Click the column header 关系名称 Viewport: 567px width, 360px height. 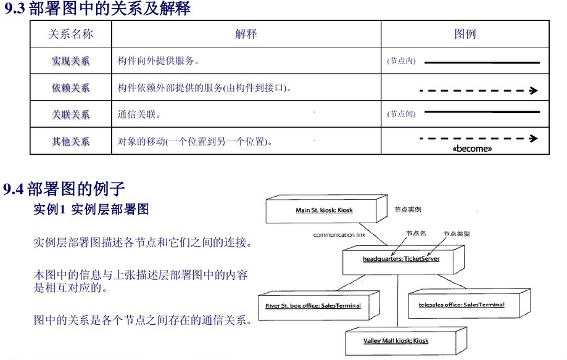click(70, 35)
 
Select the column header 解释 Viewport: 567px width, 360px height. click(246, 35)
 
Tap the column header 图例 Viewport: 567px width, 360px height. click(465, 35)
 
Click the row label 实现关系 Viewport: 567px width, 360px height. click(70, 62)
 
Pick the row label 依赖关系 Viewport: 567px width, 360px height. click(70, 88)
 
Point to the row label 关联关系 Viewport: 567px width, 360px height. click(70, 115)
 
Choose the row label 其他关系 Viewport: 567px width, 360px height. click(70, 142)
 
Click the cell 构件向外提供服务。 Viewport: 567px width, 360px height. click(159, 62)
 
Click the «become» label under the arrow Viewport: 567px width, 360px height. click(473, 149)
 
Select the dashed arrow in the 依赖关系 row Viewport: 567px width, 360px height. click(479, 91)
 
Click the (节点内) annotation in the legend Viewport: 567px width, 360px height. click(401, 62)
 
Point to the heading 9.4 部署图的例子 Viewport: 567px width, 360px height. click(64, 189)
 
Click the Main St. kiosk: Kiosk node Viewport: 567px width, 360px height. click(324, 210)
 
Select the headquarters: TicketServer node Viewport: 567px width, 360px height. click(401, 259)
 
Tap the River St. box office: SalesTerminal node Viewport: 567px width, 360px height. click(313, 306)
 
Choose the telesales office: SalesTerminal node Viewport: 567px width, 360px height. click(461, 305)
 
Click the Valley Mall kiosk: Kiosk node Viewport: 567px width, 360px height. click(396, 340)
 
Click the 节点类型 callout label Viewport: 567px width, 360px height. click(457, 234)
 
